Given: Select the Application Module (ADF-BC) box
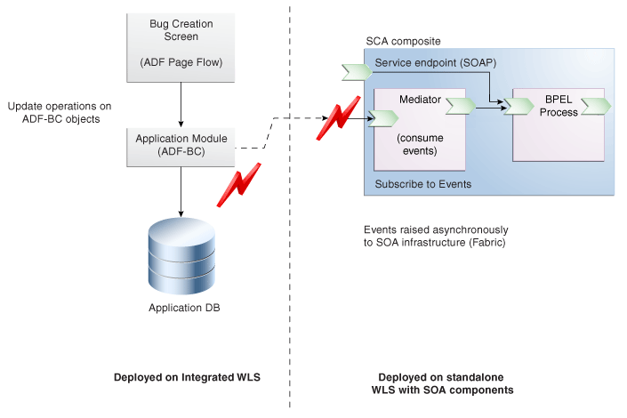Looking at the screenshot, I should (181, 146).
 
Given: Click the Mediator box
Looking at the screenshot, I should (420, 129).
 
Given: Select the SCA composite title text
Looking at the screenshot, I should (403, 42).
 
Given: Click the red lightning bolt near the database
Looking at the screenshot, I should (238, 184).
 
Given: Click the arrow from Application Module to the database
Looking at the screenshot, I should (181, 191).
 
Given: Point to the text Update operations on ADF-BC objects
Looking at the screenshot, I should (60, 113).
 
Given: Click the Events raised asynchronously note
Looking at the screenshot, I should (435, 235).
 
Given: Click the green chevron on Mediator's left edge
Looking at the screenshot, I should (383, 116).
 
